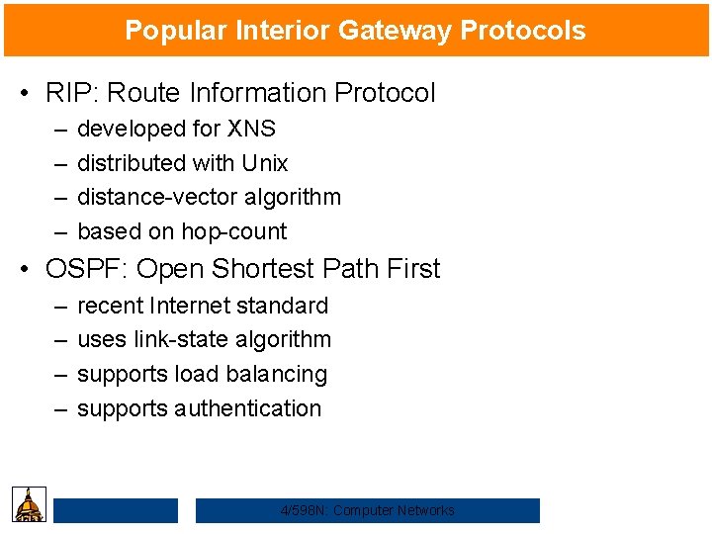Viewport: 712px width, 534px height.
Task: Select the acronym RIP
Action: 67,93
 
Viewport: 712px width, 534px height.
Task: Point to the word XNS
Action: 251,129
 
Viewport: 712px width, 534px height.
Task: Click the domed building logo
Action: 30,504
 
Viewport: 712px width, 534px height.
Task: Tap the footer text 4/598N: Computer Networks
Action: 367,510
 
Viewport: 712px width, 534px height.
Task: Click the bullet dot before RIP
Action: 23,94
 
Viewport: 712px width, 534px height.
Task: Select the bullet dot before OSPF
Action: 23,270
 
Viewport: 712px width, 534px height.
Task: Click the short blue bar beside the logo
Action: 115,510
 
